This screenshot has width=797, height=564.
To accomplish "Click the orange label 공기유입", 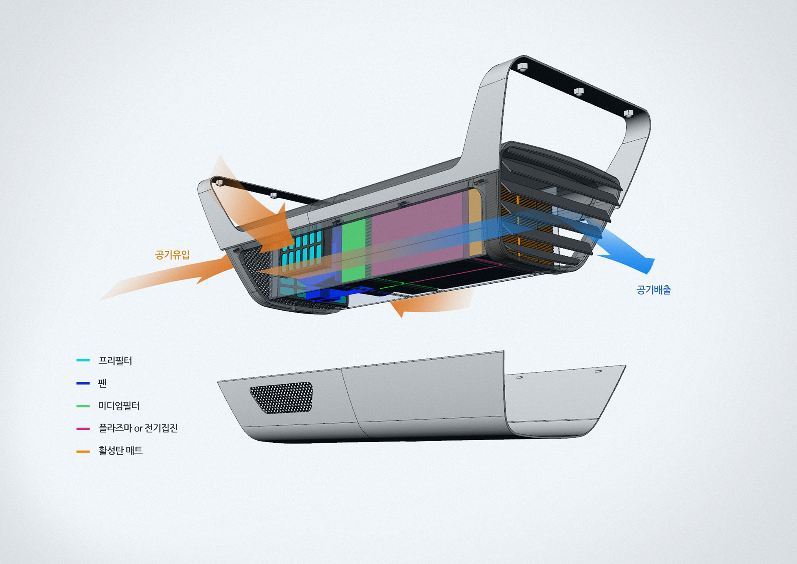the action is coord(172,255).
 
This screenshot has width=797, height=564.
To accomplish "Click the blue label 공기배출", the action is coord(653,290).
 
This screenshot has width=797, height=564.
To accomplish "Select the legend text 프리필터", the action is coord(115,361).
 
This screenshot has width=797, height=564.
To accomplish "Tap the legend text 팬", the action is coord(102,383).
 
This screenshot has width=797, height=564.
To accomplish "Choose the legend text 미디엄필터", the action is coord(119,405).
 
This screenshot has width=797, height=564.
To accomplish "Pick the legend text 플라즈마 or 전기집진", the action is coord(138,428).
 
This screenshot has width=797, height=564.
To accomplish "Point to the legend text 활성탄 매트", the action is coord(120,451).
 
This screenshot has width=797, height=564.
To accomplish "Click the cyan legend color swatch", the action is coord(83,360).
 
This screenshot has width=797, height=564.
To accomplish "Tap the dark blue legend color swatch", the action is coord(83,383).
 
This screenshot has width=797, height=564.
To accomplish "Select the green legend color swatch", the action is coord(83,406).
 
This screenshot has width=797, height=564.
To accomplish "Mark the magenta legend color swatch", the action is coord(83,428).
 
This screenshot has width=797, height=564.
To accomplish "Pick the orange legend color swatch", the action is coord(83,451).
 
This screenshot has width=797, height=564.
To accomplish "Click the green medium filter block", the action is coord(354,249).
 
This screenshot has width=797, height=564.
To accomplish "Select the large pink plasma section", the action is coord(417,233).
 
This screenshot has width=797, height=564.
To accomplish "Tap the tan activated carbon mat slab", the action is coord(475,222).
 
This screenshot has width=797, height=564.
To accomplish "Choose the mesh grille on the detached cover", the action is coord(281,397).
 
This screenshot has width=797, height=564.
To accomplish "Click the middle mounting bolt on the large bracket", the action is coord(579,91).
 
